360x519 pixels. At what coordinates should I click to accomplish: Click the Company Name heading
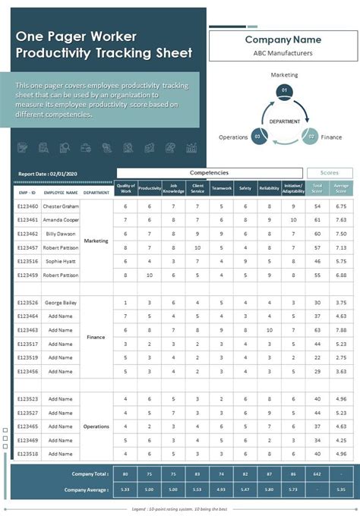(283, 39)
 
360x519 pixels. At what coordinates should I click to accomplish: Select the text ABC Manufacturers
(283, 53)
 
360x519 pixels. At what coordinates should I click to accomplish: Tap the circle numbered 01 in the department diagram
(284, 90)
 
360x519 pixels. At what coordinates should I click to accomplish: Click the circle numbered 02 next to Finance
(309, 137)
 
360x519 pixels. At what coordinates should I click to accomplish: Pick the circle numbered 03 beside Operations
(258, 137)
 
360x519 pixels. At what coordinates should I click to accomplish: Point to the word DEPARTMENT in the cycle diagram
(283, 121)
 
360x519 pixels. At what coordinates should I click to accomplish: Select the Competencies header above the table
(209, 173)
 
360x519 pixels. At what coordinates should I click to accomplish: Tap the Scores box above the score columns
(330, 173)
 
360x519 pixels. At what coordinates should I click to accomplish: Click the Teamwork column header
(222, 187)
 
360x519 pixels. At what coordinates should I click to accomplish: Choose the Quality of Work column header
(126, 187)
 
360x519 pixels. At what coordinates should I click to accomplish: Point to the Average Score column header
(341, 187)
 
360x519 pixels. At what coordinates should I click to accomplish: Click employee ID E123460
(28, 206)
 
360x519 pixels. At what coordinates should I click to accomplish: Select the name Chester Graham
(61, 206)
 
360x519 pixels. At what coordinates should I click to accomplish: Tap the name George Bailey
(61, 303)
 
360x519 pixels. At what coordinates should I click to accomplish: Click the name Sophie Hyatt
(61, 261)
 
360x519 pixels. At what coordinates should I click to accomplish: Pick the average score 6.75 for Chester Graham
(341, 206)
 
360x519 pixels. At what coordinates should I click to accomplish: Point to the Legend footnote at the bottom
(180, 510)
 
